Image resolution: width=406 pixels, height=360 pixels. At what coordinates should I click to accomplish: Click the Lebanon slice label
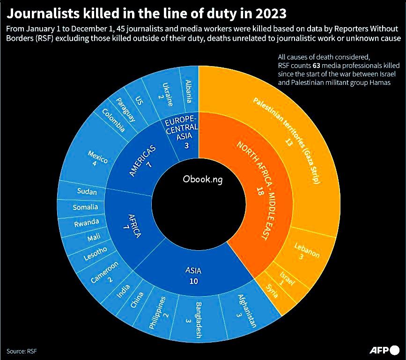coord(307,252)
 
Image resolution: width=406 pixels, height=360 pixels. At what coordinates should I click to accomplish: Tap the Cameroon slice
coord(104,274)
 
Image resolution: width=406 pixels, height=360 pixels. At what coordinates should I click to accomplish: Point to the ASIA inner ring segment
coord(194,274)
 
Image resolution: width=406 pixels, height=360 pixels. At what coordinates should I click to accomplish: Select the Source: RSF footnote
coord(22,351)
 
